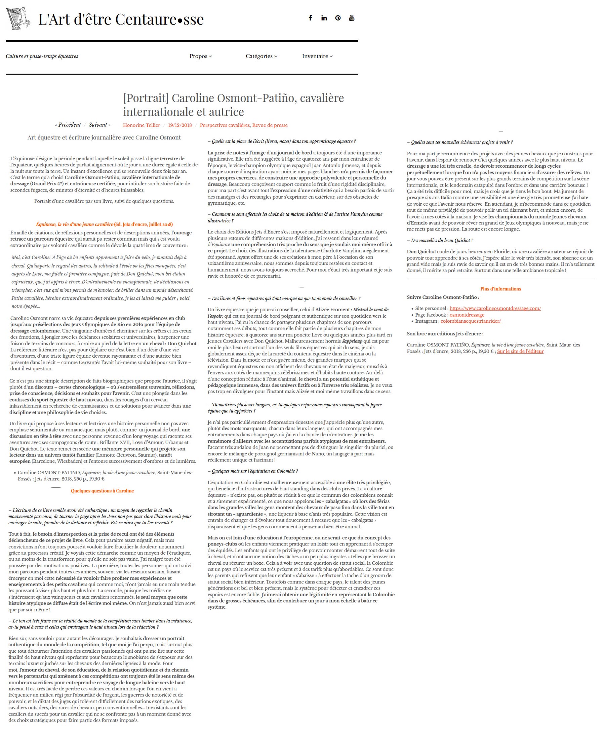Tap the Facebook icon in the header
[310, 18]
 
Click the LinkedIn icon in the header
[324, 18]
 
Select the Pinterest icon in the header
[338, 18]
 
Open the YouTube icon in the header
[352, 18]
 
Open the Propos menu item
[200, 56]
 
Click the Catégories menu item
[261, 56]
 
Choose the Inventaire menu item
[317, 56]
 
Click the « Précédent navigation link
[68, 125]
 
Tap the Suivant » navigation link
[99, 125]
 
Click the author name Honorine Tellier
[141, 125]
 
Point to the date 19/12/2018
[180, 125]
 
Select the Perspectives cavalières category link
[225, 125]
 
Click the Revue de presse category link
[270, 125]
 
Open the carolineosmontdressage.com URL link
[495, 308]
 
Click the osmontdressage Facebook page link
[467, 315]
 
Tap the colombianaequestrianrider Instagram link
[471, 321]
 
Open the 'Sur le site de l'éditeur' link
[520, 351]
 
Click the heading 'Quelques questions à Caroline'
[102, 491]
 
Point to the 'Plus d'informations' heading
[500, 289]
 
